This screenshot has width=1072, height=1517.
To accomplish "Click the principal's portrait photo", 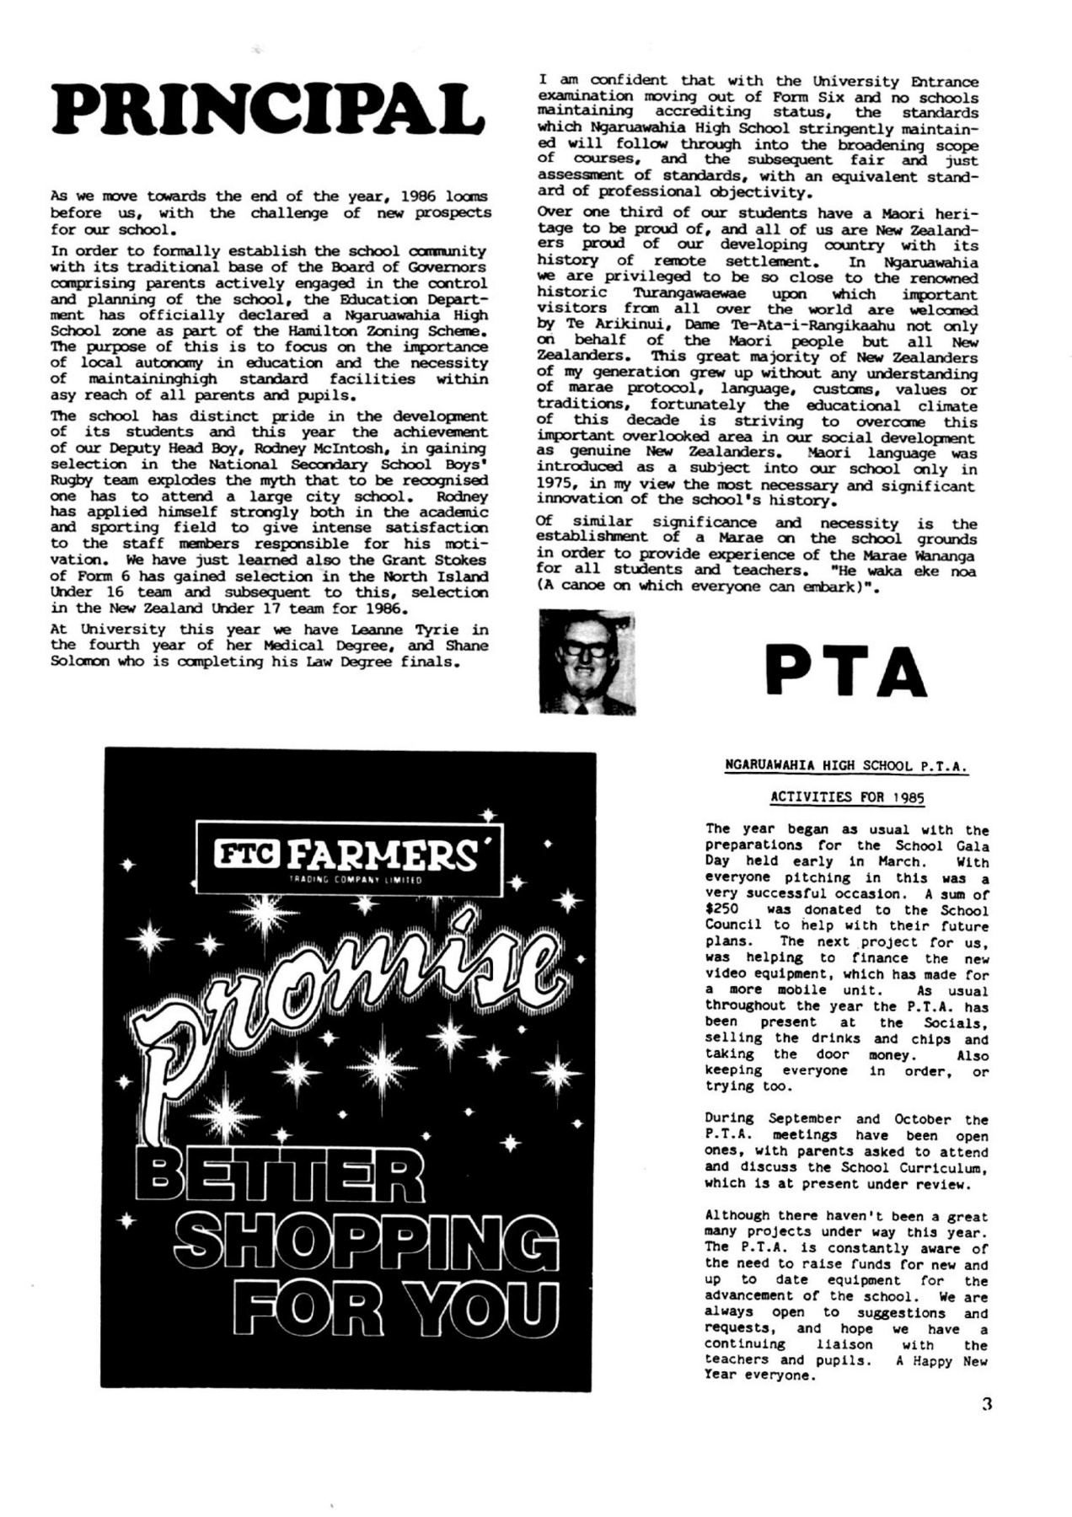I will (x=587, y=662).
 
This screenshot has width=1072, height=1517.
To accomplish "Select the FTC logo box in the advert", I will (x=249, y=857).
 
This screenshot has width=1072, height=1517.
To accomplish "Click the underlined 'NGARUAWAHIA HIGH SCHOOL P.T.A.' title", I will (x=846, y=766).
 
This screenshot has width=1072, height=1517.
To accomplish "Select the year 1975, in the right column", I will (x=559, y=485).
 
